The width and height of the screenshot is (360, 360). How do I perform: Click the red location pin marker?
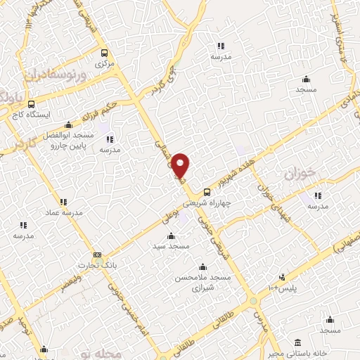pyautogui.click(x=181, y=166)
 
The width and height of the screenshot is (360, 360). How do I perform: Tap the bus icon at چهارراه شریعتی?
pyautogui.click(x=207, y=191)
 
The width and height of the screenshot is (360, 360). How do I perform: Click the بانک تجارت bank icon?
pyautogui.click(x=97, y=255)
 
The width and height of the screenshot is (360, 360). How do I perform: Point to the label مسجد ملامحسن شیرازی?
pyautogui.click(x=203, y=283)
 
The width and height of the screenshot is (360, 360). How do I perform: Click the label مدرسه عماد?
pyautogui.click(x=65, y=212)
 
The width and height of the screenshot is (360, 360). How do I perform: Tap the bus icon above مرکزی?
pyautogui.click(x=104, y=53)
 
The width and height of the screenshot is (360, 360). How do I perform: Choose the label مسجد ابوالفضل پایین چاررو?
pyautogui.click(x=73, y=140)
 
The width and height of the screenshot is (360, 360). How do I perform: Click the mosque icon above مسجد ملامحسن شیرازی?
pyautogui.click(x=203, y=266)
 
